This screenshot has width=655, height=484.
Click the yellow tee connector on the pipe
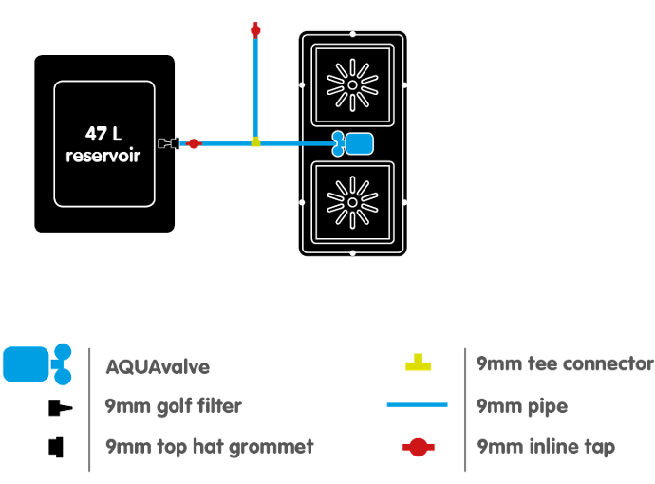[x=255, y=142]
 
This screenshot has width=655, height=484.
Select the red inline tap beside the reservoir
[x=194, y=143]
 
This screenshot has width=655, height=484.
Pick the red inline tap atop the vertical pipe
[x=255, y=30]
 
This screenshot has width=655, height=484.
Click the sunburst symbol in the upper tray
[x=352, y=84]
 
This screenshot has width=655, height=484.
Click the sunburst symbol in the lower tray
[x=352, y=201]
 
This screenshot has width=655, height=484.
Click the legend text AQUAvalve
[x=158, y=366]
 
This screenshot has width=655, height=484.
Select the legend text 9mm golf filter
[x=173, y=406]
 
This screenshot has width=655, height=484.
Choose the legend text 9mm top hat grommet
[x=209, y=446]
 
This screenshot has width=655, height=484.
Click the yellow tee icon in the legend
[x=418, y=363]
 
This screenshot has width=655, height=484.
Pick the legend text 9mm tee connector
[x=565, y=364]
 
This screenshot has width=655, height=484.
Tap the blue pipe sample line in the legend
[x=417, y=405]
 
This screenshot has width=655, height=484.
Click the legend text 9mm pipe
[x=522, y=406]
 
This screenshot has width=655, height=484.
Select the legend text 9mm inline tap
[x=546, y=446]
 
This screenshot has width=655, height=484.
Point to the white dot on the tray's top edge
[x=353, y=33]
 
